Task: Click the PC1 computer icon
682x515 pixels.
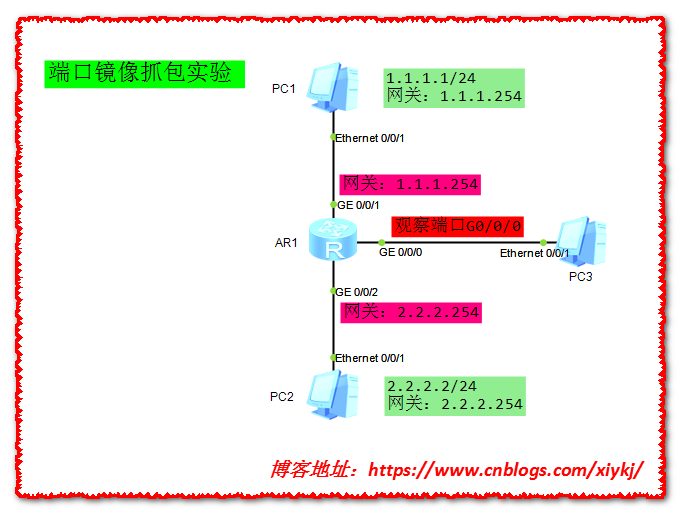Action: pyautogui.click(x=333, y=88)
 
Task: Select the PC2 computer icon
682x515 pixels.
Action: pyautogui.click(x=333, y=393)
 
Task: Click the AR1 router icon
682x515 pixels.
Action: pyautogui.click(x=333, y=241)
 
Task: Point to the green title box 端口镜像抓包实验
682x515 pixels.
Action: pyautogui.click(x=144, y=74)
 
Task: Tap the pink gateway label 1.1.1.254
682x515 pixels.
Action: pyautogui.click(x=411, y=184)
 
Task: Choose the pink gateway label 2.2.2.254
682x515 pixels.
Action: pyautogui.click(x=411, y=312)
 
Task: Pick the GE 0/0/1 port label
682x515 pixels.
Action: pyautogui.click(x=357, y=204)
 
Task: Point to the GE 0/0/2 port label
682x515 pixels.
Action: pyautogui.click(x=357, y=291)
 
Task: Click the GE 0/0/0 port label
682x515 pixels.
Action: pyautogui.click(x=400, y=253)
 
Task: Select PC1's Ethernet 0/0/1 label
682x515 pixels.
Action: pyautogui.click(x=370, y=137)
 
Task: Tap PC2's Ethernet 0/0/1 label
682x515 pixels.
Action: pyautogui.click(x=370, y=357)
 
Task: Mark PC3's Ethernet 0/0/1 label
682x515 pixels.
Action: pyautogui.click(x=535, y=254)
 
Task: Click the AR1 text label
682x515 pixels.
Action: pyautogui.click(x=286, y=243)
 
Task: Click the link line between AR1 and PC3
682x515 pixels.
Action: pyautogui.click(x=460, y=242)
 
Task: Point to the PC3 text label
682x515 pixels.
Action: pyautogui.click(x=581, y=276)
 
